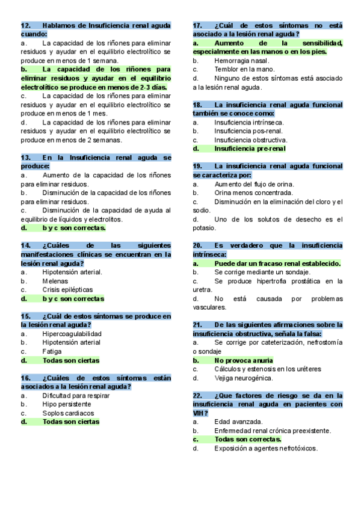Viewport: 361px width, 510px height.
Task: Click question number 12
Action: point(25,26)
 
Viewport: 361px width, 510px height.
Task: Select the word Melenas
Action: point(55,281)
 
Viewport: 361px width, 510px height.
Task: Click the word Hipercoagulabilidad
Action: point(72,334)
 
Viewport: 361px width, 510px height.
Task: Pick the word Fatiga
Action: point(52,351)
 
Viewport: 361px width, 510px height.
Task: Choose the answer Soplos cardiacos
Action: point(68,413)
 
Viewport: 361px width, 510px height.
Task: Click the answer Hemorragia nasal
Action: point(241,61)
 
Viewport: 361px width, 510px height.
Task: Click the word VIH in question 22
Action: point(199,413)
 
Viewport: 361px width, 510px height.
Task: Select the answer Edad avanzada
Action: point(238,422)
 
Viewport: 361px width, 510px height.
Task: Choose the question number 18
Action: point(197,105)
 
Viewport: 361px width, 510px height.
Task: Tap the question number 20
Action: point(197,245)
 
